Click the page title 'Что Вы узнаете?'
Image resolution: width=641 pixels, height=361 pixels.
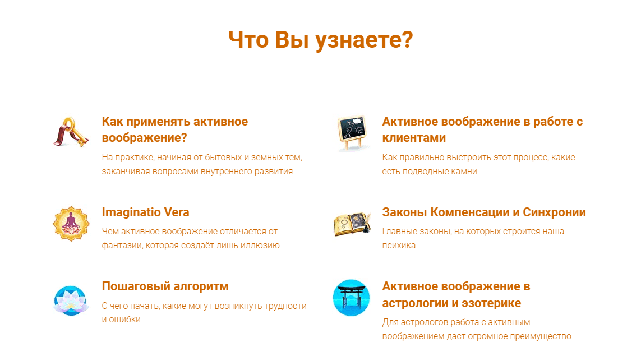point(321,40)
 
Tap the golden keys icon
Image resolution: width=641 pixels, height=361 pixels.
point(71,132)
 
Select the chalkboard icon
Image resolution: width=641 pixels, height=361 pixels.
point(352,133)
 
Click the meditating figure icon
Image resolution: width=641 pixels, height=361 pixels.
point(71,224)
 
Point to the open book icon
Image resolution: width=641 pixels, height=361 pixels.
point(352,224)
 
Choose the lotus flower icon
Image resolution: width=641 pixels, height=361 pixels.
point(71,301)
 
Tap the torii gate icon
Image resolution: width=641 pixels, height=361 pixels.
point(351,298)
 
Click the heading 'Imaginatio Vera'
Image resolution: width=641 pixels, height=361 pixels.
point(146,212)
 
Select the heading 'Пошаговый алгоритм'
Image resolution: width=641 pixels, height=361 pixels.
point(165,286)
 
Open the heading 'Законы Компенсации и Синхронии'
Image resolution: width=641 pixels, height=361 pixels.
point(484,212)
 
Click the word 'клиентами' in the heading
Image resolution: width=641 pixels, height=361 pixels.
point(414,138)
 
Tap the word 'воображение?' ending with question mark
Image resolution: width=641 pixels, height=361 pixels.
point(144,138)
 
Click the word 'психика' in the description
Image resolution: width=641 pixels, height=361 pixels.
point(399,246)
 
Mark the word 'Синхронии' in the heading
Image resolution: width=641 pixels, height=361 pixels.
point(554,212)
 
